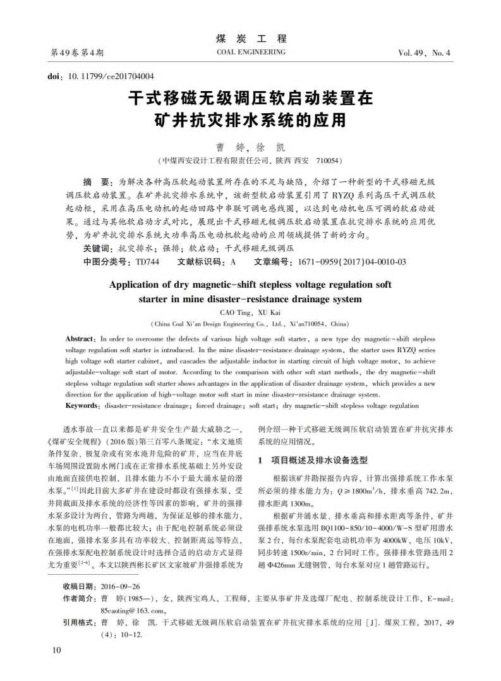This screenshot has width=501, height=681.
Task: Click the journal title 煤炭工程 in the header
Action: [x=251, y=38]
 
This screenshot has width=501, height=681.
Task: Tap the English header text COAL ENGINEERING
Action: [x=250, y=52]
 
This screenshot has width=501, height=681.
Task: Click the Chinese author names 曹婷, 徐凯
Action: [x=250, y=146]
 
